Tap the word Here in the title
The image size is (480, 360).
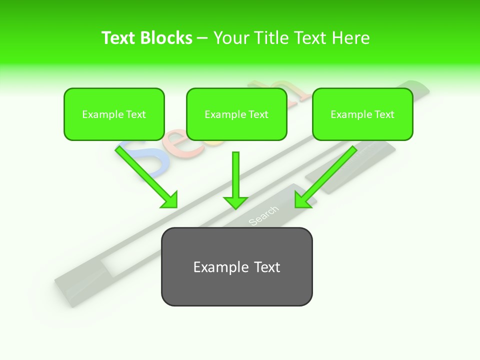click(x=350, y=38)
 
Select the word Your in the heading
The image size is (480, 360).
click(x=231, y=38)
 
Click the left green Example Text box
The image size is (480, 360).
click(x=114, y=114)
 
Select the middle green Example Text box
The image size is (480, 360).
click(x=236, y=114)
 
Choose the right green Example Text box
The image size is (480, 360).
click(x=362, y=114)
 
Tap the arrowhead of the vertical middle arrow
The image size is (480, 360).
click(x=235, y=202)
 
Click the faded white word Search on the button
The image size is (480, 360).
click(x=263, y=215)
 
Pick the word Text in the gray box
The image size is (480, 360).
click(x=265, y=267)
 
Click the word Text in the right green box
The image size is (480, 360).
click(x=384, y=114)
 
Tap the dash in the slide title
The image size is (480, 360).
click(x=202, y=38)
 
